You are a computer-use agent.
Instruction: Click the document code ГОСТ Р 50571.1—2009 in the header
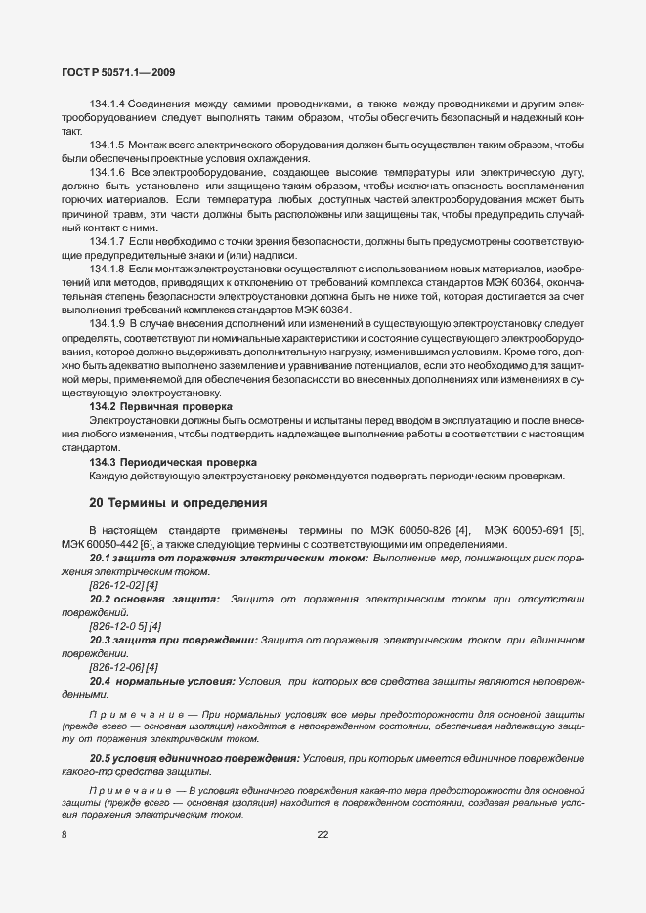click(x=118, y=71)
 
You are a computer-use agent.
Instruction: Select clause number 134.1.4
click(x=108, y=104)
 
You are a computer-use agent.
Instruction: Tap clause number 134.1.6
click(x=108, y=172)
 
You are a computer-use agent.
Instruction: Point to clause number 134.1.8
click(x=108, y=268)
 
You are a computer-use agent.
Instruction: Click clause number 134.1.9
click(x=108, y=322)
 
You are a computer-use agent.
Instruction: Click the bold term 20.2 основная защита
click(x=154, y=598)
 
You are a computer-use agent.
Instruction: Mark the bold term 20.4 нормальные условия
click(x=161, y=680)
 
